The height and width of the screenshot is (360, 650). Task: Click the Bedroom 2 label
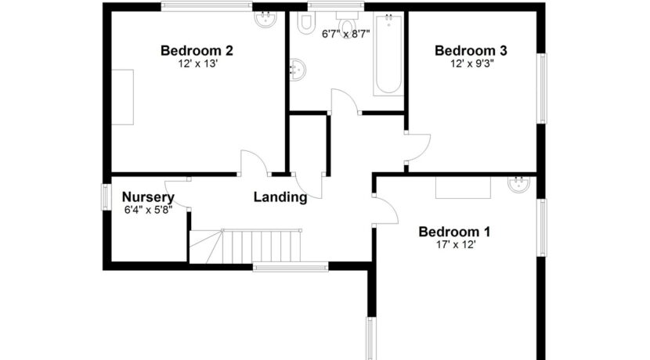197,51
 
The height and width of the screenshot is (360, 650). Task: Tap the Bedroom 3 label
471,51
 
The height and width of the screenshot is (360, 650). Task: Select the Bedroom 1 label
454,232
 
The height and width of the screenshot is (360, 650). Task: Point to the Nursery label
148,197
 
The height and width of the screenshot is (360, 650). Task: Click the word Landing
280,197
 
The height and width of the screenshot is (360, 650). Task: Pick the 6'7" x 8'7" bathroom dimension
345,34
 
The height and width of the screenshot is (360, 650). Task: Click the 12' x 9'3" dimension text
471,64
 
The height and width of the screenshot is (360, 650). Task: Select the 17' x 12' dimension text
456,245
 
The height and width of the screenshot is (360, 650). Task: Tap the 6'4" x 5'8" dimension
149,210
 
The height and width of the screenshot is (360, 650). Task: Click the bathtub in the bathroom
388,54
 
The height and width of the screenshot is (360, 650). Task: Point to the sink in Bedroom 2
265,19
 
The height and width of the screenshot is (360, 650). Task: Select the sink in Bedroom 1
518,184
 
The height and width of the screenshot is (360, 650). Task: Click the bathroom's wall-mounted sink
298,70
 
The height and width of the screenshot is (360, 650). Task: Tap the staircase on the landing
246,246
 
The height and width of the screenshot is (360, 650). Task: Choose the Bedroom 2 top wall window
207,6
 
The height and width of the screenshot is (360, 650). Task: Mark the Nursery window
107,196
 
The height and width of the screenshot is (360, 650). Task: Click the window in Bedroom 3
541,88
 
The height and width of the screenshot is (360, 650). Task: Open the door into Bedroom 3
418,147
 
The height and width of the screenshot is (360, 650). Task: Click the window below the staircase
291,267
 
